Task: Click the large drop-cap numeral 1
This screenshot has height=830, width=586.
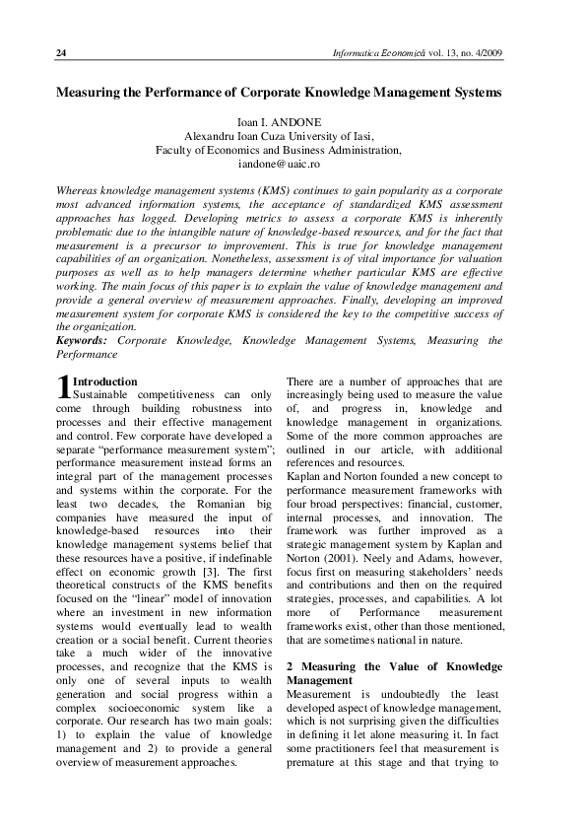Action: [x=64, y=388]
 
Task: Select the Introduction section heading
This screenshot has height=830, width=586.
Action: [x=105, y=381]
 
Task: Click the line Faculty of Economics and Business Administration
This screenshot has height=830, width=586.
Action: [x=279, y=150]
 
